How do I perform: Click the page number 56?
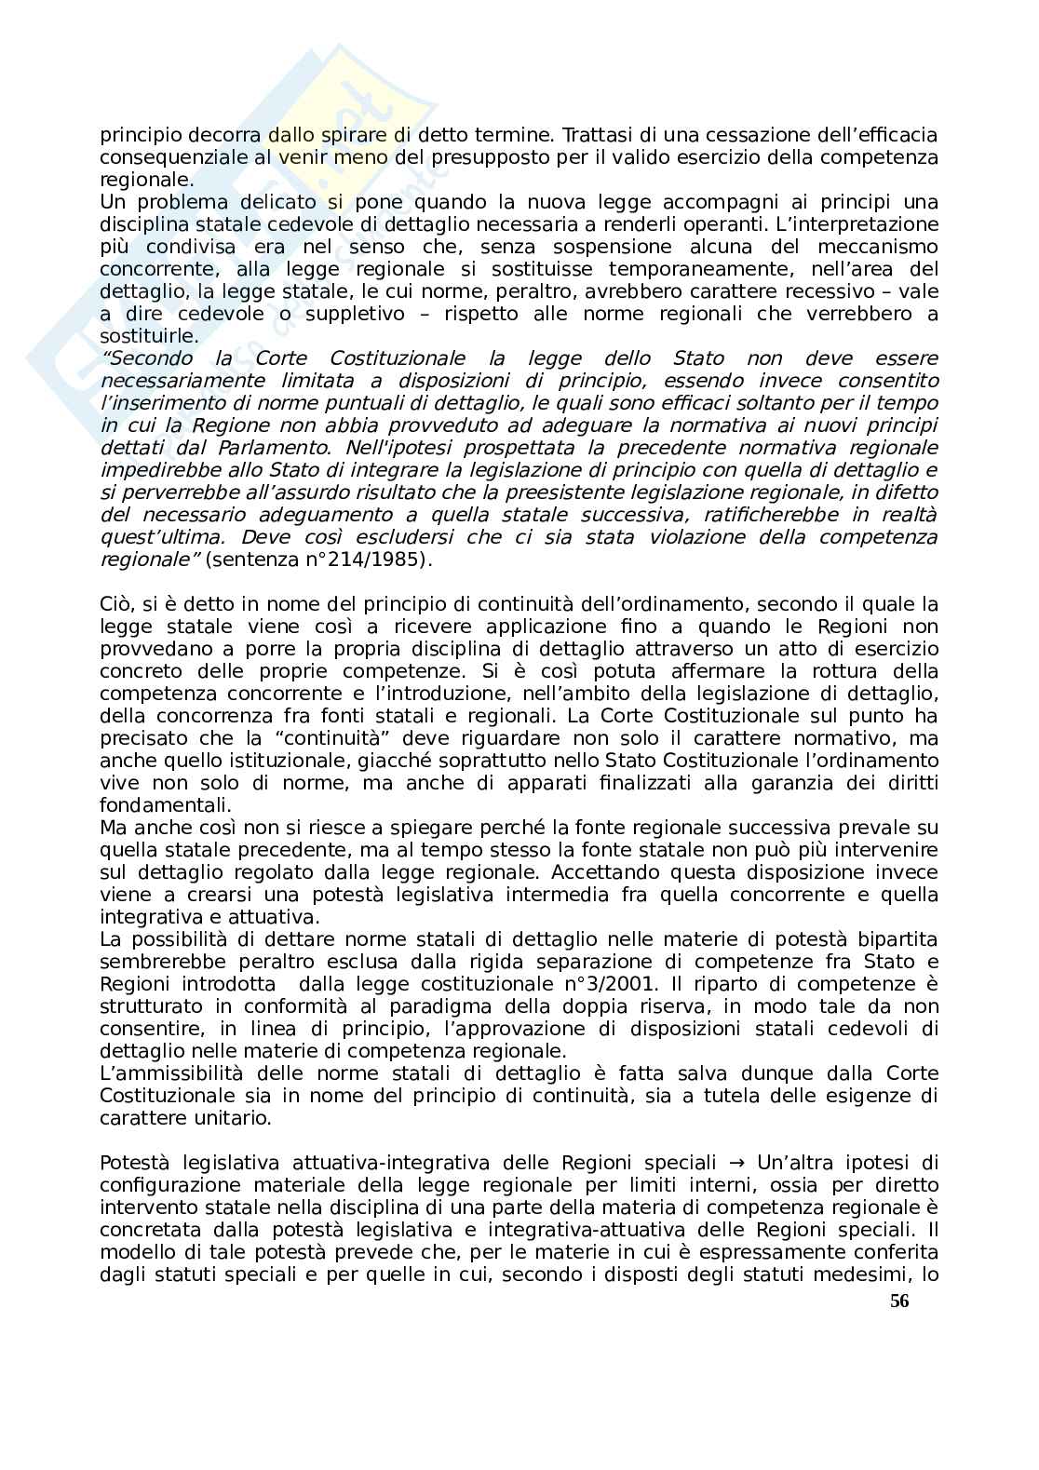[x=898, y=1301]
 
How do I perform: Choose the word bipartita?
[x=893, y=939]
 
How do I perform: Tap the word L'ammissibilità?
[x=169, y=1073]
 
